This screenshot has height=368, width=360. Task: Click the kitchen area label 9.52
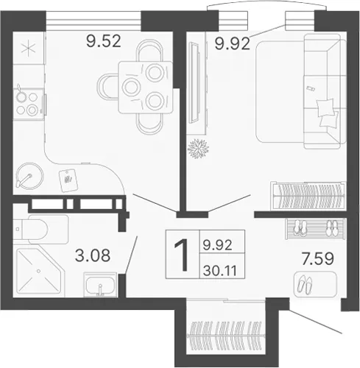tap(104, 41)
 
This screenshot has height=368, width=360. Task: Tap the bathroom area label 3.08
tap(93, 255)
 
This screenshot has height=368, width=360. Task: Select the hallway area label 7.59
tap(318, 259)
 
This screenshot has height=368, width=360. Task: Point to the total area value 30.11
tap(220, 271)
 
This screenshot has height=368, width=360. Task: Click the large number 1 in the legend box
tap(182, 255)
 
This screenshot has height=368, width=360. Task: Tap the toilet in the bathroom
tap(40, 230)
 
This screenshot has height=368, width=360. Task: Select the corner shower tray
tap(39, 271)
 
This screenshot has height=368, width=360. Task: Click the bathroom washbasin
tap(99, 285)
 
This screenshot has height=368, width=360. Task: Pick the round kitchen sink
tap(29, 176)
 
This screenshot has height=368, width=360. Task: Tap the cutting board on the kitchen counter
tap(68, 181)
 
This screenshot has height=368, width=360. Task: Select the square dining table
tap(146, 88)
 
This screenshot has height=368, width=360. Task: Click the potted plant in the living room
tap(198, 149)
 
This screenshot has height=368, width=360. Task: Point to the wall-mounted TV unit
tap(194, 82)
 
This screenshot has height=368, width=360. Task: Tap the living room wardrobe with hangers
tap(308, 196)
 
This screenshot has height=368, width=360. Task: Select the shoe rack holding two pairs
tap(315, 229)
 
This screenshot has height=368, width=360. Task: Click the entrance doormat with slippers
tap(315, 285)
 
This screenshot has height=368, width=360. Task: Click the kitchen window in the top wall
tap(93, 21)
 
